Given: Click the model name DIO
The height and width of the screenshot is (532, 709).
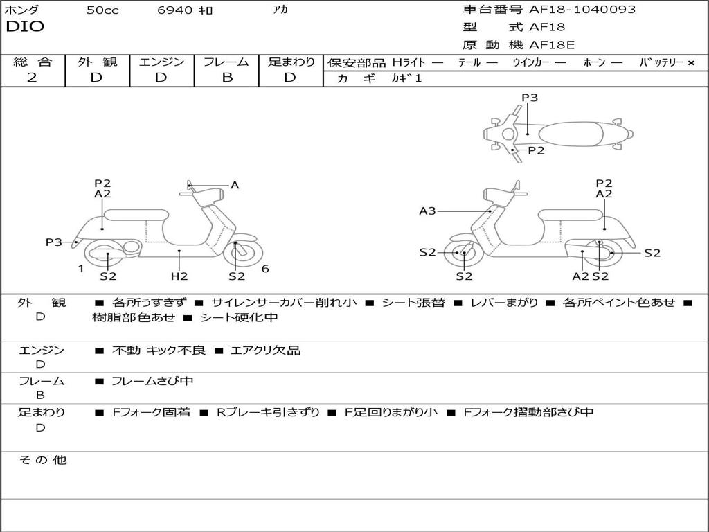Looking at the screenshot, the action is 25,27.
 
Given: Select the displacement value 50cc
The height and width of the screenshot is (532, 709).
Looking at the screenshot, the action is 102,10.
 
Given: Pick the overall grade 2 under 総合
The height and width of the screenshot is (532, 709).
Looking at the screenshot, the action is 32,78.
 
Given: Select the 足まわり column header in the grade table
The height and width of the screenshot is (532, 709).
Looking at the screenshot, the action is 291,62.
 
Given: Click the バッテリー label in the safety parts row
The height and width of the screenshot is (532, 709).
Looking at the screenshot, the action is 661,63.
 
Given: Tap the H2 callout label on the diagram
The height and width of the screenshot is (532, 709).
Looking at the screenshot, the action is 179,276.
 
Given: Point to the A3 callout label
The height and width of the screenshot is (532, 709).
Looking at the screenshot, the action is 427,211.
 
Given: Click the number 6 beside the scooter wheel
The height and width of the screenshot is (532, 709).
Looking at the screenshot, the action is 265,269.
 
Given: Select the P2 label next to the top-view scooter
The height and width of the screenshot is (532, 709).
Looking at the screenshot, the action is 537,150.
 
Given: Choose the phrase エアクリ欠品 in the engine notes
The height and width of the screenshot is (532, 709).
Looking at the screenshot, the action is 266,351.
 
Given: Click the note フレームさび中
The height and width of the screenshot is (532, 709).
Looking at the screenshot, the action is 152,381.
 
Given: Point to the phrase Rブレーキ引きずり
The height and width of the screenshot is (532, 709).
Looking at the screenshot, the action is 269,412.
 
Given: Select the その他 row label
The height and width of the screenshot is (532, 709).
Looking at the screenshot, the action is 42,460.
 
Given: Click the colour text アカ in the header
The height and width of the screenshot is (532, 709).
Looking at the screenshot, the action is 281,10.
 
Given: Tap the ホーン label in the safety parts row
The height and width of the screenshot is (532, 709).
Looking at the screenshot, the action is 594,63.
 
